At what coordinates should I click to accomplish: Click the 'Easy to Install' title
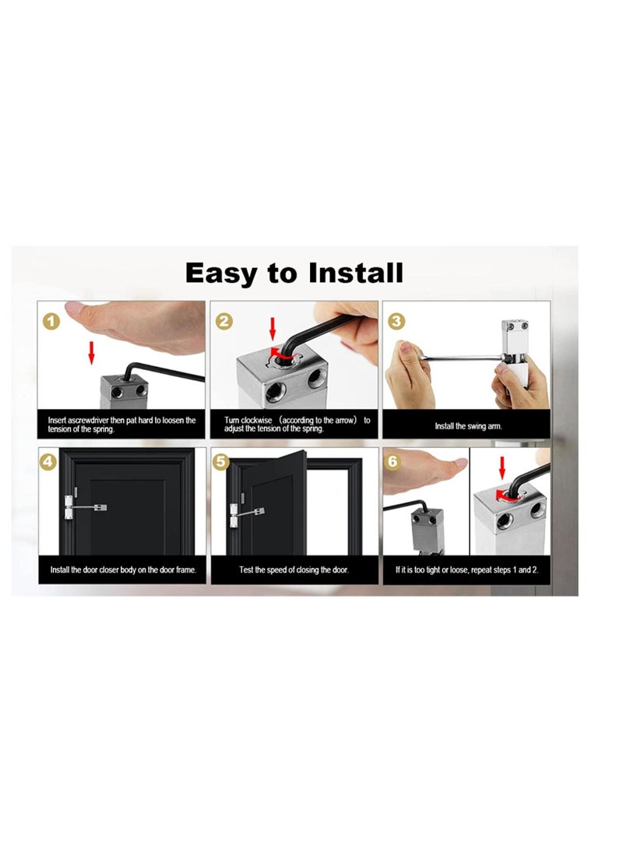(294, 273)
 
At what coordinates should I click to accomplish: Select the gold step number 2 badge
(224, 320)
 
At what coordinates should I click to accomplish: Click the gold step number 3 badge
(396, 320)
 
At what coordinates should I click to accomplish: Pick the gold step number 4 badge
(50, 462)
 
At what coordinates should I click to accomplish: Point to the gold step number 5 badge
(222, 462)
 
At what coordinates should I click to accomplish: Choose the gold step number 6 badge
(393, 462)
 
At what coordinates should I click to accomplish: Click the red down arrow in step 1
(91, 351)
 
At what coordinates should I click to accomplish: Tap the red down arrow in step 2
(272, 327)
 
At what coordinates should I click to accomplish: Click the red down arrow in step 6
(502, 467)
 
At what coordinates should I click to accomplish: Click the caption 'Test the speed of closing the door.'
(294, 570)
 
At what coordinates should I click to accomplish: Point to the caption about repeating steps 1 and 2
(466, 570)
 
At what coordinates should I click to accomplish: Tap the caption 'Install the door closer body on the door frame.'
(123, 570)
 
